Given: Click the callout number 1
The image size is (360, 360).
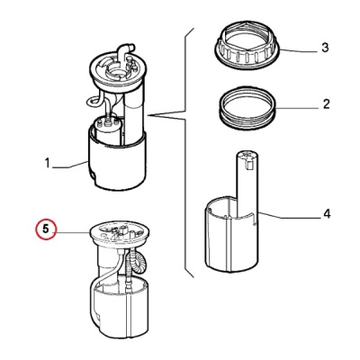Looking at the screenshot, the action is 47,164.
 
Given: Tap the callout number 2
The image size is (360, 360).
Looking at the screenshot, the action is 326,103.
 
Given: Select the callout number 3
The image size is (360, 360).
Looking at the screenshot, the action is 325,48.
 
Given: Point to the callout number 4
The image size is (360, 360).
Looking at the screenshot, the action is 327,214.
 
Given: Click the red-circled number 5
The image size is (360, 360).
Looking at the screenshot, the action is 45,229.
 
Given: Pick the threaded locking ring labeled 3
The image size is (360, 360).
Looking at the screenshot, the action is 247,46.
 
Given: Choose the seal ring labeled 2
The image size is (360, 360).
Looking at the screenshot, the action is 247,108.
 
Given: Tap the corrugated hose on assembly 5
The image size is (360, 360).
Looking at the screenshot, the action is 137,261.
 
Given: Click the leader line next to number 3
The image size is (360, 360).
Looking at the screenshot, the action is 299,51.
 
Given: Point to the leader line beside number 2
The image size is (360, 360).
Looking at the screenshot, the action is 297,107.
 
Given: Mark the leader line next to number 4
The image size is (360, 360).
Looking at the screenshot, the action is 288,215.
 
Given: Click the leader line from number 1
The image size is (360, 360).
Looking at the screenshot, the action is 70,165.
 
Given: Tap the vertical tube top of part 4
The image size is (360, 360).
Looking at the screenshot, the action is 247,183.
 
